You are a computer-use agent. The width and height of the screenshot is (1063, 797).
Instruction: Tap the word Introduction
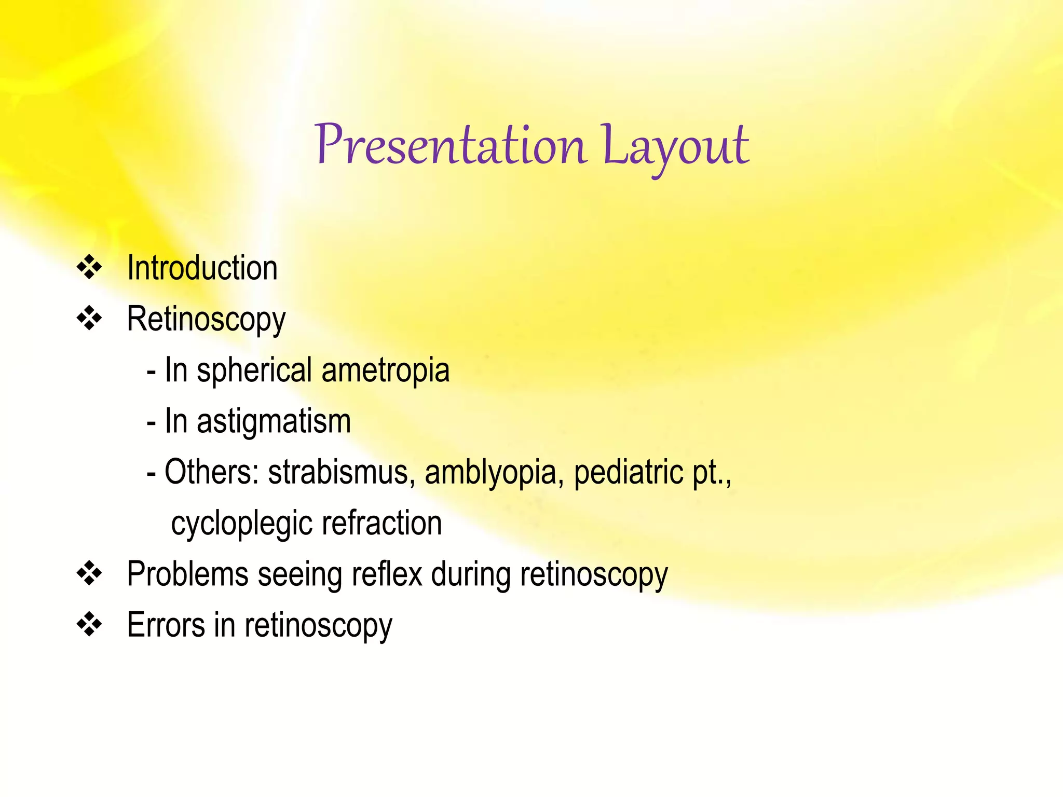202,268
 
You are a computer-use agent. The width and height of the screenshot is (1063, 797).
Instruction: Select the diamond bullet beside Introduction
89,267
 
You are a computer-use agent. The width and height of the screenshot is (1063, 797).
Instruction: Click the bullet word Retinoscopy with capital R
206,320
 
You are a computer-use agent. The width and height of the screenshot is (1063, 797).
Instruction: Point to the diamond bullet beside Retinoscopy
89,318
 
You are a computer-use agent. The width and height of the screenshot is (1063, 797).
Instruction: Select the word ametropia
385,370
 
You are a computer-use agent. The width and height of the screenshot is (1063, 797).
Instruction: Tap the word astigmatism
274,421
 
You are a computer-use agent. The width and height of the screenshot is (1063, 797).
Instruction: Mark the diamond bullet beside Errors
89,624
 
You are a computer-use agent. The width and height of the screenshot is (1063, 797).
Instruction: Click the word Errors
166,625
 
